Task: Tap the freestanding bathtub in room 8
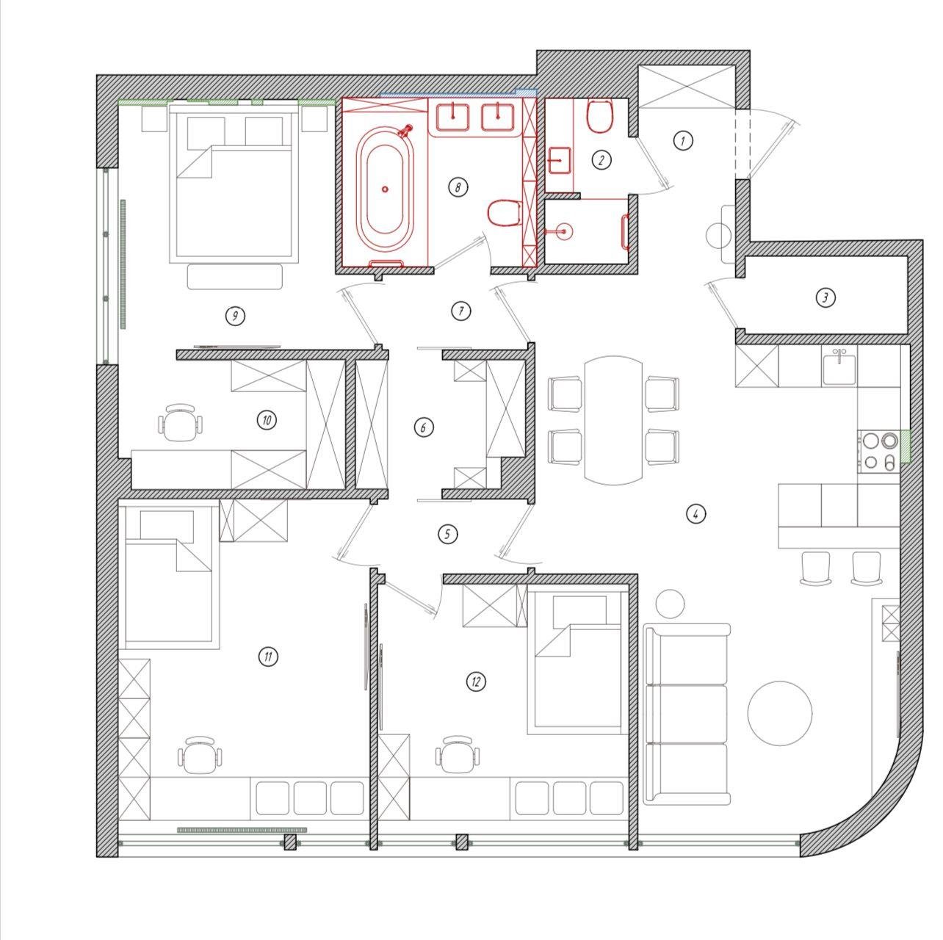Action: tap(384, 189)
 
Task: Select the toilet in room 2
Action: tap(600, 116)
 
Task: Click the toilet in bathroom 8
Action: tap(505, 213)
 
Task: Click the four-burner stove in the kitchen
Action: tap(878, 451)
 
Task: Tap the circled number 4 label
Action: tap(695, 513)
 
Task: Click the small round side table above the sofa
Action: tap(669, 604)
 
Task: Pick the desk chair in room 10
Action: tap(179, 423)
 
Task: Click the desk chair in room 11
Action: tap(198, 756)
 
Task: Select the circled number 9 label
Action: tap(234, 316)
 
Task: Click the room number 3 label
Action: tap(825, 297)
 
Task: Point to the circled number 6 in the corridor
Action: tap(423, 427)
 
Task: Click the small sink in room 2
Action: tap(560, 159)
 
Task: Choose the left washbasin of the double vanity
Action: tap(457, 116)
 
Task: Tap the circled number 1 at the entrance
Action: tap(683, 140)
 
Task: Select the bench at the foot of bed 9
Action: tap(235, 277)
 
